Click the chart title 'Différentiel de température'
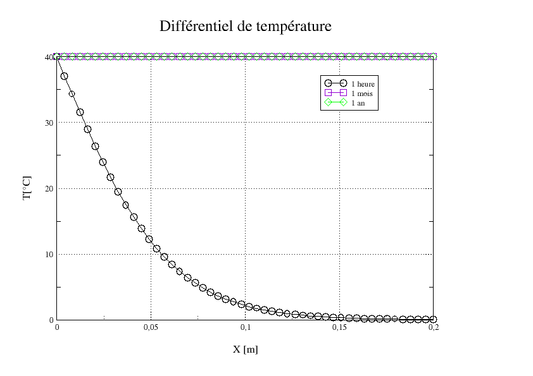(x=246, y=27)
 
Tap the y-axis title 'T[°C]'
(x=27, y=188)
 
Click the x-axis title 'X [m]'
(x=245, y=349)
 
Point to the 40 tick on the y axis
(x=48, y=57)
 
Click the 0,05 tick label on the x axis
(x=151, y=329)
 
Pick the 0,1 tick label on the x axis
(x=246, y=329)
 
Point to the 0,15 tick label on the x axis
(x=339, y=329)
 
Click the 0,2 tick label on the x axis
(x=434, y=329)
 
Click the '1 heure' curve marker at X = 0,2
(x=433, y=319)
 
